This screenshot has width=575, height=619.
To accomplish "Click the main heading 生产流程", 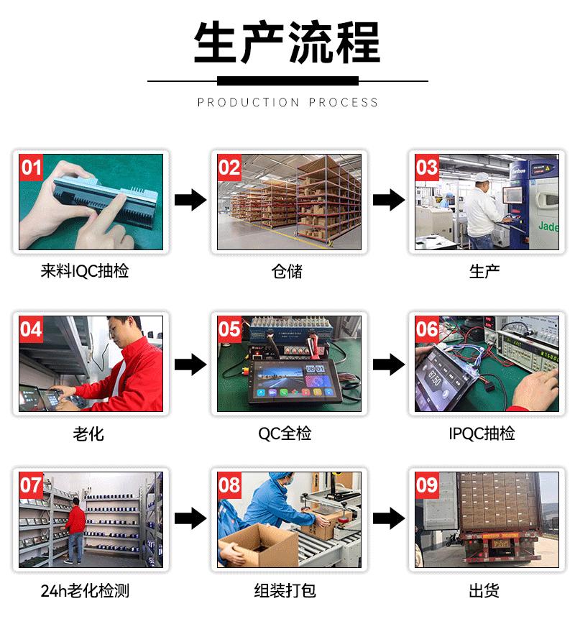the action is tap(287, 42).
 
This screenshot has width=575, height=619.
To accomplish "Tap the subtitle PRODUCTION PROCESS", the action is tap(287, 103).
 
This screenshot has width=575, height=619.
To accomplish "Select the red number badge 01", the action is tap(31, 168).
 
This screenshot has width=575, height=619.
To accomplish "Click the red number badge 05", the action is tap(229, 329).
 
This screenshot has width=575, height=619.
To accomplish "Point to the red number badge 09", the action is tap(427, 485).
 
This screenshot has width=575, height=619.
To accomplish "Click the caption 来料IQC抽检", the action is tap(85, 271).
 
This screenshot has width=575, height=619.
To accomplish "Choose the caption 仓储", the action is tap(287, 272).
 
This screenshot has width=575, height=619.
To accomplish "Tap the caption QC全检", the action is tap(285, 434).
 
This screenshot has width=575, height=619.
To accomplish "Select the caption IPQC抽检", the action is tap(482, 434).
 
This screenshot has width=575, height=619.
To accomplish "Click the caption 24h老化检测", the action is tap(85, 591).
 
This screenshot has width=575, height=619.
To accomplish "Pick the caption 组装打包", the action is tap(285, 591).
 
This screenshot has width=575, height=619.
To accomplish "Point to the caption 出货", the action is tap(484, 591).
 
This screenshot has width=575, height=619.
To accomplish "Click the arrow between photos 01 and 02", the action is tap(190, 200).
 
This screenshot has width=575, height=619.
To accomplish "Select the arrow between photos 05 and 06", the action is tap(389, 364).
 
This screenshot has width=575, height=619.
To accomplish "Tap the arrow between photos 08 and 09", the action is tap(389, 518).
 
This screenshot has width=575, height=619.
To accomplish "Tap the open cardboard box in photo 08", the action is tap(259, 545).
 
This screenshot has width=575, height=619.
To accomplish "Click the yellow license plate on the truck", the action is tap(501, 544).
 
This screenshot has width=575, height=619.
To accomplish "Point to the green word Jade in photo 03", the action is tap(548, 226).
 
